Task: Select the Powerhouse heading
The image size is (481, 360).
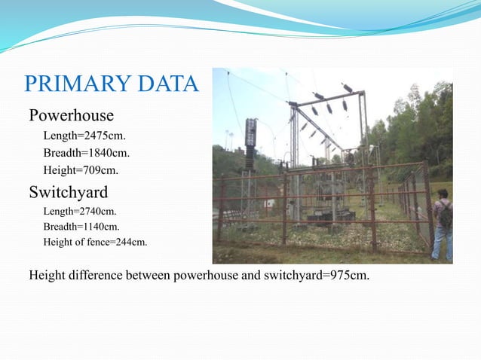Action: point(71,116)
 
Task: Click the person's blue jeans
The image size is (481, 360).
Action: point(443,243)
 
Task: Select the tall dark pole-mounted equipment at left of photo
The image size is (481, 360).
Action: point(250,144)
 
